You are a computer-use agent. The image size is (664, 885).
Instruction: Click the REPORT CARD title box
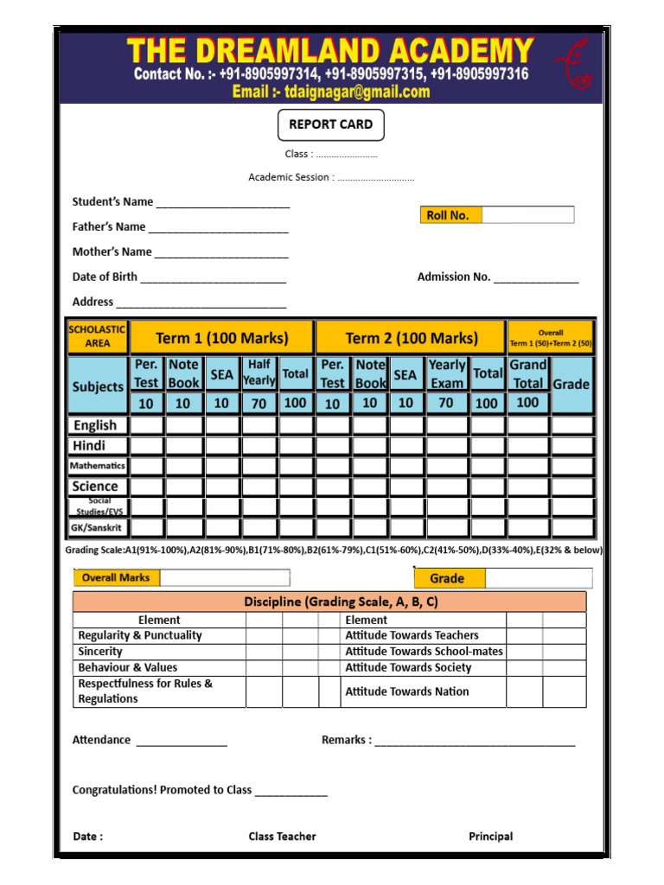tap(331, 124)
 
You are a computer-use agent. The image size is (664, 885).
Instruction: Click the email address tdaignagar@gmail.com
tap(331, 92)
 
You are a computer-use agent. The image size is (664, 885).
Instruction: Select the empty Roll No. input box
tap(527, 214)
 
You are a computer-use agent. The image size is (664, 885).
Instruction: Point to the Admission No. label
tap(454, 277)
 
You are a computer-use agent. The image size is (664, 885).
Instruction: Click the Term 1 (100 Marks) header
tap(222, 338)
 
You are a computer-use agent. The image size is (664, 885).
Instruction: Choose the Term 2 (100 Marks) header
tap(412, 338)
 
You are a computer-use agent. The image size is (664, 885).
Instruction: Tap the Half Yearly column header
tap(259, 372)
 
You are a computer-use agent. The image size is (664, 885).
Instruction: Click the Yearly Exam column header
tap(447, 373)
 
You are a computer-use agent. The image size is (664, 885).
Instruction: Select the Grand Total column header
tap(527, 373)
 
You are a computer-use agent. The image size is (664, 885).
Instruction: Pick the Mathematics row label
tap(98, 466)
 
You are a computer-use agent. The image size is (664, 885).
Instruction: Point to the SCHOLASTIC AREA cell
tap(98, 336)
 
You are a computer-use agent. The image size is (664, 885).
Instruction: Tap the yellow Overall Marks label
tap(116, 577)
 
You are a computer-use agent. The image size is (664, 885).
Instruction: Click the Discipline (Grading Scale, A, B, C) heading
tap(329, 602)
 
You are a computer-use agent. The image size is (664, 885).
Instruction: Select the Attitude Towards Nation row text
tap(407, 691)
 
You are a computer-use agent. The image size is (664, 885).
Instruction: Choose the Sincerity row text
tap(100, 652)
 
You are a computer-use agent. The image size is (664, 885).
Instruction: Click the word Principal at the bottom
tap(490, 837)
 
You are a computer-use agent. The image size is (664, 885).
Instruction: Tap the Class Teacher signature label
tap(282, 837)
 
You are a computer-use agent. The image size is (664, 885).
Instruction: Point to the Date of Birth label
tap(105, 277)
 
